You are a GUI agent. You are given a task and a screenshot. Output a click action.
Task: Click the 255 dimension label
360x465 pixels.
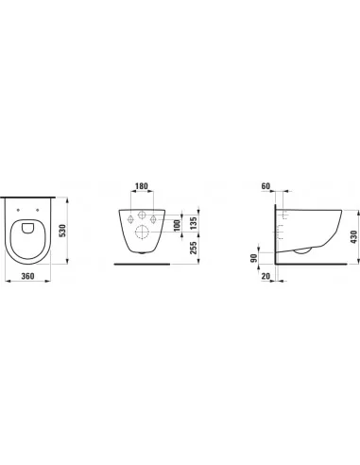(x=194, y=250)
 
